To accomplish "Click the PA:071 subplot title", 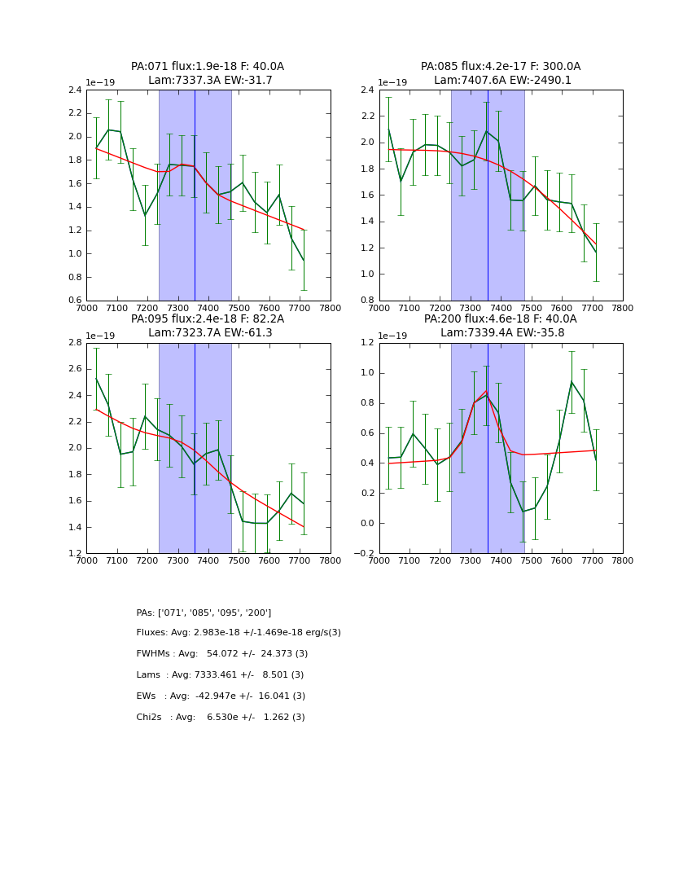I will pyautogui.click(x=208, y=67).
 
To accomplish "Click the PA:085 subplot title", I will pyautogui.click(x=501, y=67).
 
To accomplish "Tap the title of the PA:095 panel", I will pyautogui.click(x=208, y=319).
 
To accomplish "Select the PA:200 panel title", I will pyautogui.click(x=501, y=319).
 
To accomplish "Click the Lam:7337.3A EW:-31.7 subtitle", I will pyautogui.click(x=210, y=81).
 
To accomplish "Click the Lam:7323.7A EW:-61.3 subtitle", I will pyautogui.click(x=210, y=333).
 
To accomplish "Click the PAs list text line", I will pyautogui.click(x=204, y=613).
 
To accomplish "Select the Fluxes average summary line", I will pyautogui.click(x=239, y=633).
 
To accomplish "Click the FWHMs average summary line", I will pyautogui.click(x=222, y=654).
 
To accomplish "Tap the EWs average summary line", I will pyautogui.click(x=221, y=696).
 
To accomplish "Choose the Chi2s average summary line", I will pyautogui.click(x=221, y=718).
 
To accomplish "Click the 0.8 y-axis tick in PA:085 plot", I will pyautogui.click(x=368, y=301).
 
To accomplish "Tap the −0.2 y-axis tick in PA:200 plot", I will pyautogui.click(x=365, y=553).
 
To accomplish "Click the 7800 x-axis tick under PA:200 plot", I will pyautogui.click(x=623, y=560).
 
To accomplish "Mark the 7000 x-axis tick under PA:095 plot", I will pyautogui.click(x=86, y=560).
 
